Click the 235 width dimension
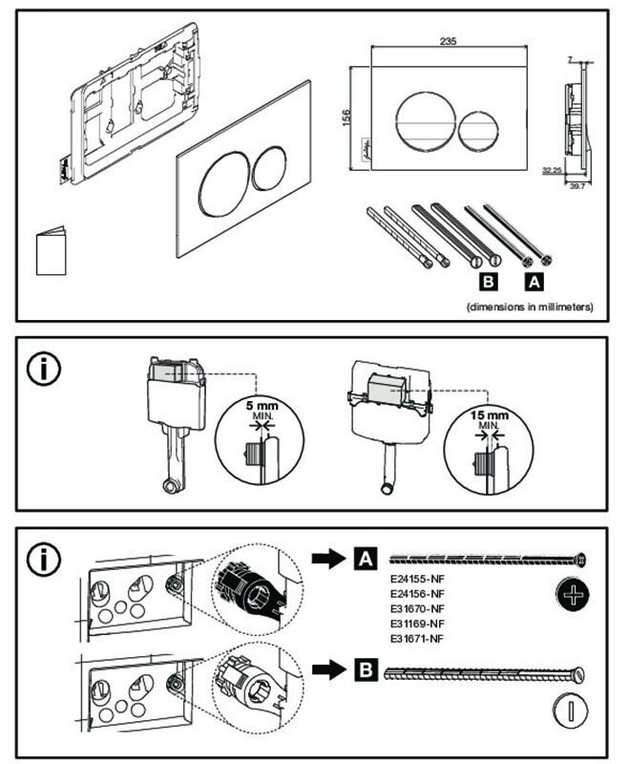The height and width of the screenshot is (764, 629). click(448, 39)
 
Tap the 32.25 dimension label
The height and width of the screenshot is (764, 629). click(551, 171)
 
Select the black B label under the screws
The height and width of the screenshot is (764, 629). click(488, 282)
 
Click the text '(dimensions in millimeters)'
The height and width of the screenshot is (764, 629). click(531, 308)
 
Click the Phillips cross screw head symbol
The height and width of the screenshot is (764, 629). click(572, 597)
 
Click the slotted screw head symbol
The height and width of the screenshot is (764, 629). click(571, 710)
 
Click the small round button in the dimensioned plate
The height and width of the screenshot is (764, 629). click(477, 132)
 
